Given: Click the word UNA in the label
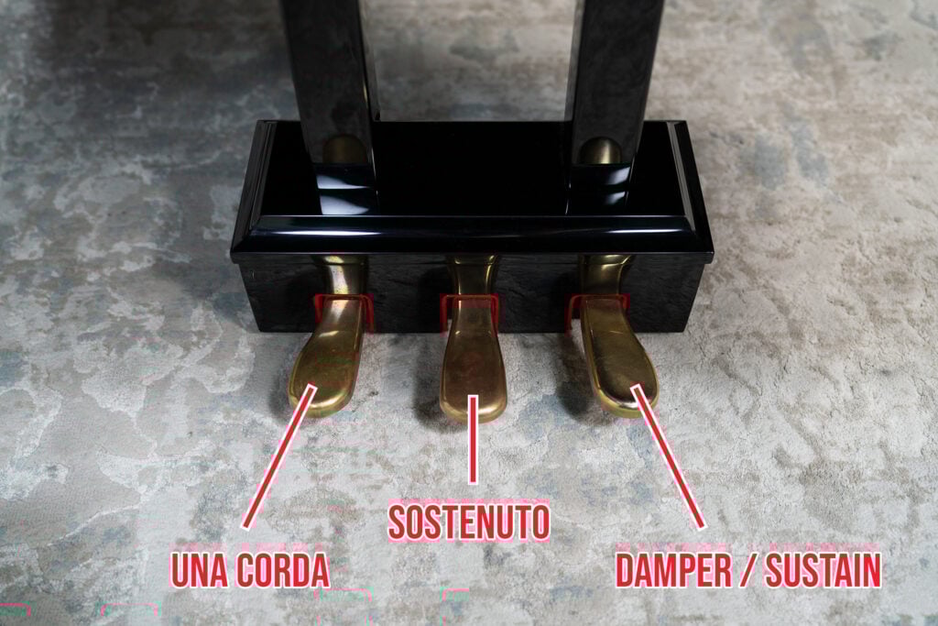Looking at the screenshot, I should (202, 570).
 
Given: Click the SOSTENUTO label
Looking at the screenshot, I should (469, 522).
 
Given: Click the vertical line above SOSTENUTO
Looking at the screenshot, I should (473, 440).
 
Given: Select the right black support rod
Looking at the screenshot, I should (614, 73).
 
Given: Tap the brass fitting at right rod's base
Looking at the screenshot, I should (601, 151).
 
